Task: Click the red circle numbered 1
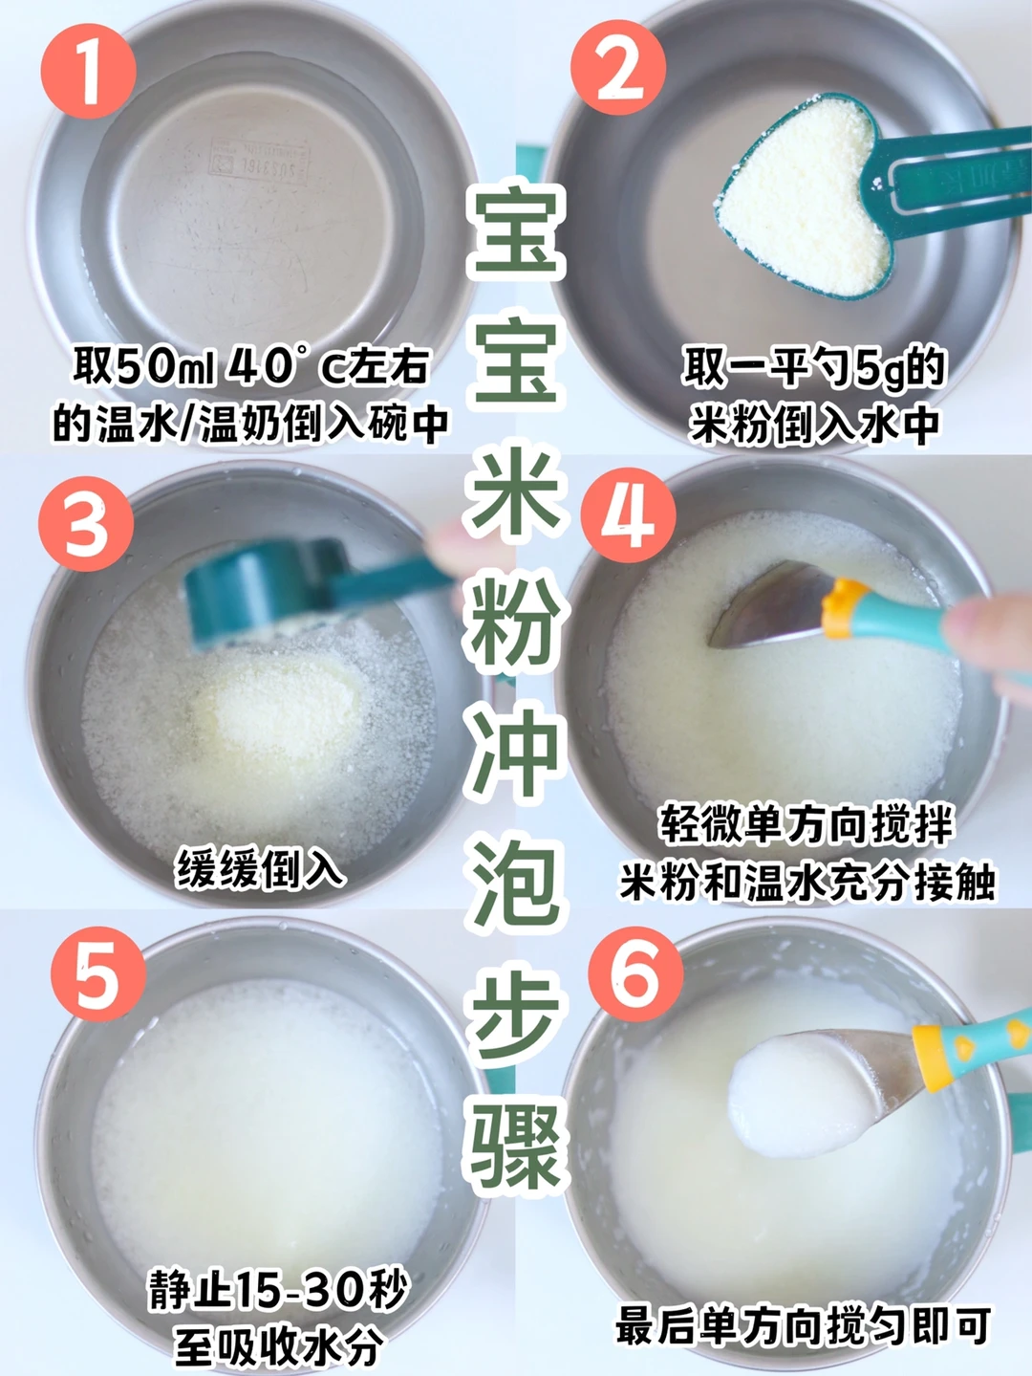(88, 71)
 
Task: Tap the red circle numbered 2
(617, 68)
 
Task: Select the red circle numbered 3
(85, 524)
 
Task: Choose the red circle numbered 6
(635, 973)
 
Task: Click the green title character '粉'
(516, 622)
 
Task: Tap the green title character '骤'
(516, 1142)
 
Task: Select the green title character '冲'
(516, 752)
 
